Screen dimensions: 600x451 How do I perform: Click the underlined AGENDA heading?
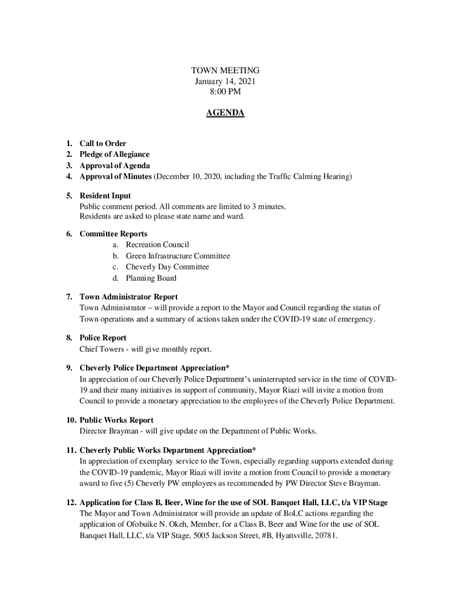click(x=225, y=113)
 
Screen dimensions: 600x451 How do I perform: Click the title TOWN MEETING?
click(x=225, y=70)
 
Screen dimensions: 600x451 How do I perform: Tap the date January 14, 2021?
click(x=225, y=81)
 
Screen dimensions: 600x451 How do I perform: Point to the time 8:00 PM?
click(x=225, y=91)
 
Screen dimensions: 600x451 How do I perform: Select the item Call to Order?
click(x=102, y=144)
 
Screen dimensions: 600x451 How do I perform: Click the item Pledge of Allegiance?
click(x=114, y=154)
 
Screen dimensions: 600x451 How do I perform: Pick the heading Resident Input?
click(x=105, y=196)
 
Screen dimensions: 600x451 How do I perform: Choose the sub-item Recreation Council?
click(x=157, y=244)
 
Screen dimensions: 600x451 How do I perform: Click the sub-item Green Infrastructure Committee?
click(x=177, y=255)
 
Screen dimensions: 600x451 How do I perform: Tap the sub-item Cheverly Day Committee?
click(x=167, y=267)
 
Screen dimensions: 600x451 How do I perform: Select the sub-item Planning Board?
click(x=151, y=278)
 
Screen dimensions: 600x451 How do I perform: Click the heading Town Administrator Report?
click(x=129, y=296)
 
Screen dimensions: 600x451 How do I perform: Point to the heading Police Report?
click(x=103, y=338)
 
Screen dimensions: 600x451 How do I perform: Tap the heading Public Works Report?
click(x=117, y=420)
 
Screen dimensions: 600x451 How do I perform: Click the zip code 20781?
click(x=326, y=536)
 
